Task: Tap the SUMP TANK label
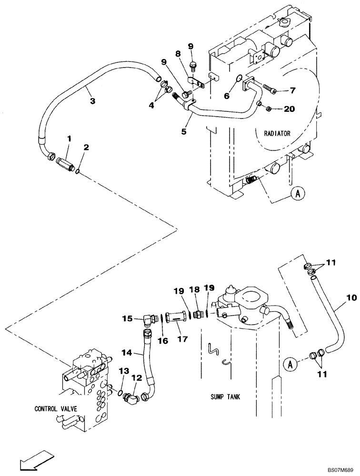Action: pos(229,397)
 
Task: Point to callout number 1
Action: pos(69,139)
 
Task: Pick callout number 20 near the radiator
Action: pos(289,109)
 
